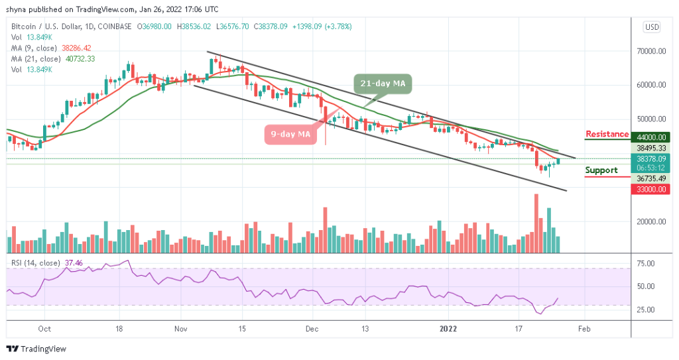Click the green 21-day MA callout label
[x=384, y=84]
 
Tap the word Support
[x=601, y=170]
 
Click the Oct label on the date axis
[x=44, y=328]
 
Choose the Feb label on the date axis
[x=584, y=328]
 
